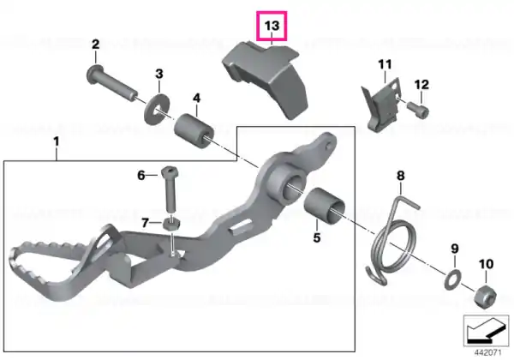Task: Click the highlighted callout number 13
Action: point(272,26)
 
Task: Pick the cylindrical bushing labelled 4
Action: point(194,131)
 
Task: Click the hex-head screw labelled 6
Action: point(169,189)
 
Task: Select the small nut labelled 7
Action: point(171,224)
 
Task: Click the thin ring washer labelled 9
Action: point(453,280)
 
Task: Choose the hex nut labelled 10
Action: point(486,296)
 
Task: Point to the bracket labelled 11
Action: point(382,105)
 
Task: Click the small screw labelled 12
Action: point(418,110)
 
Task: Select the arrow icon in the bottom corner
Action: point(486,331)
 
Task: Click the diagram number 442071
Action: point(487,353)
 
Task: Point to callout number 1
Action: point(57,142)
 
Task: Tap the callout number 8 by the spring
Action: point(401,176)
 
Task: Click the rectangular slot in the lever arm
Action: point(241,227)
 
